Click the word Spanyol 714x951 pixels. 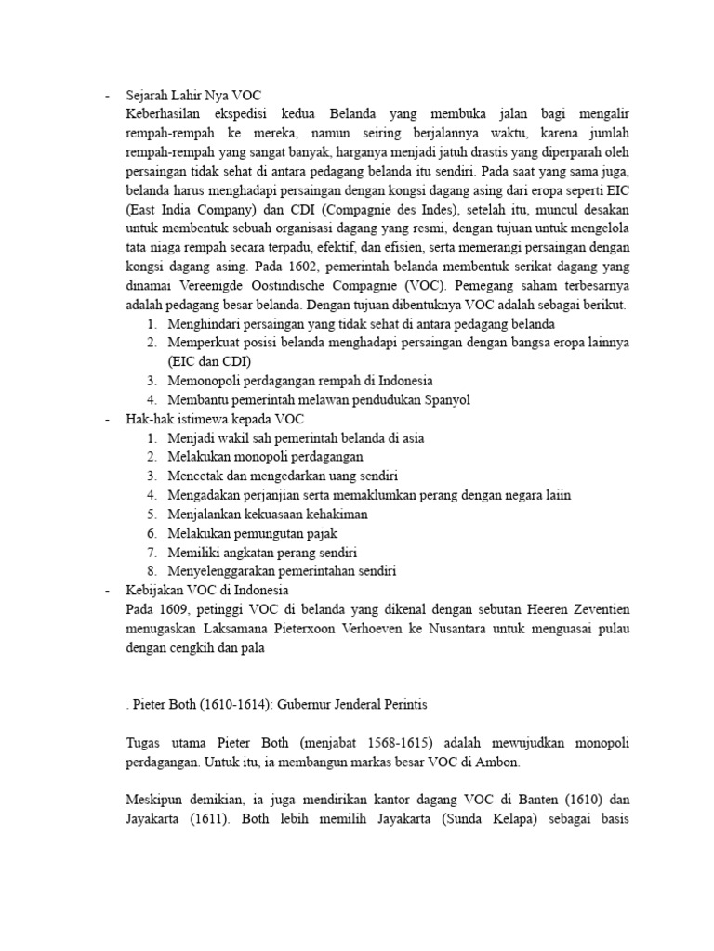tap(447, 399)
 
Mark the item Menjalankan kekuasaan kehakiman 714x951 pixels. tap(268, 514)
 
